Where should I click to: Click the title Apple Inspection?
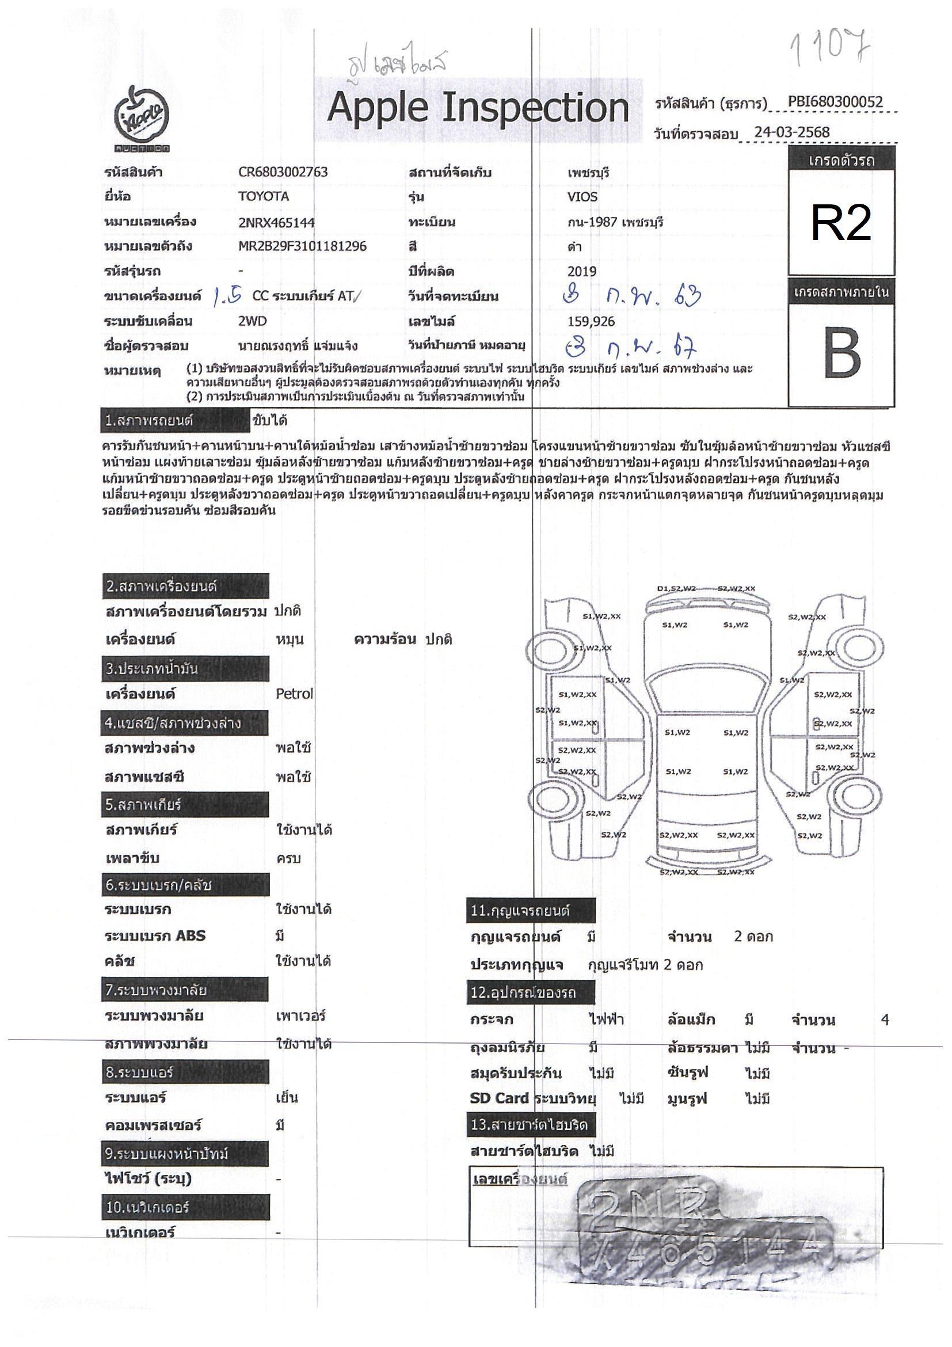point(478,109)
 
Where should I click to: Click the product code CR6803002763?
point(283,173)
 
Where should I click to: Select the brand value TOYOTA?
point(264,196)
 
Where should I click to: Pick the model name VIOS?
point(582,197)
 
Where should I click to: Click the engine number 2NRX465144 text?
point(276,222)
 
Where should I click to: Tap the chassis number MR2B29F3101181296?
point(302,246)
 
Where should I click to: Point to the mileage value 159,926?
point(591,322)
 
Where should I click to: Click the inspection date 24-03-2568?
point(792,132)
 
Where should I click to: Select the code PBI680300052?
point(835,102)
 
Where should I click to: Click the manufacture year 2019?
point(581,272)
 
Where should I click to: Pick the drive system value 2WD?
point(252,322)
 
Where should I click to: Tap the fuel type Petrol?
point(294,694)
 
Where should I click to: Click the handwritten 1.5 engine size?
point(227,296)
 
